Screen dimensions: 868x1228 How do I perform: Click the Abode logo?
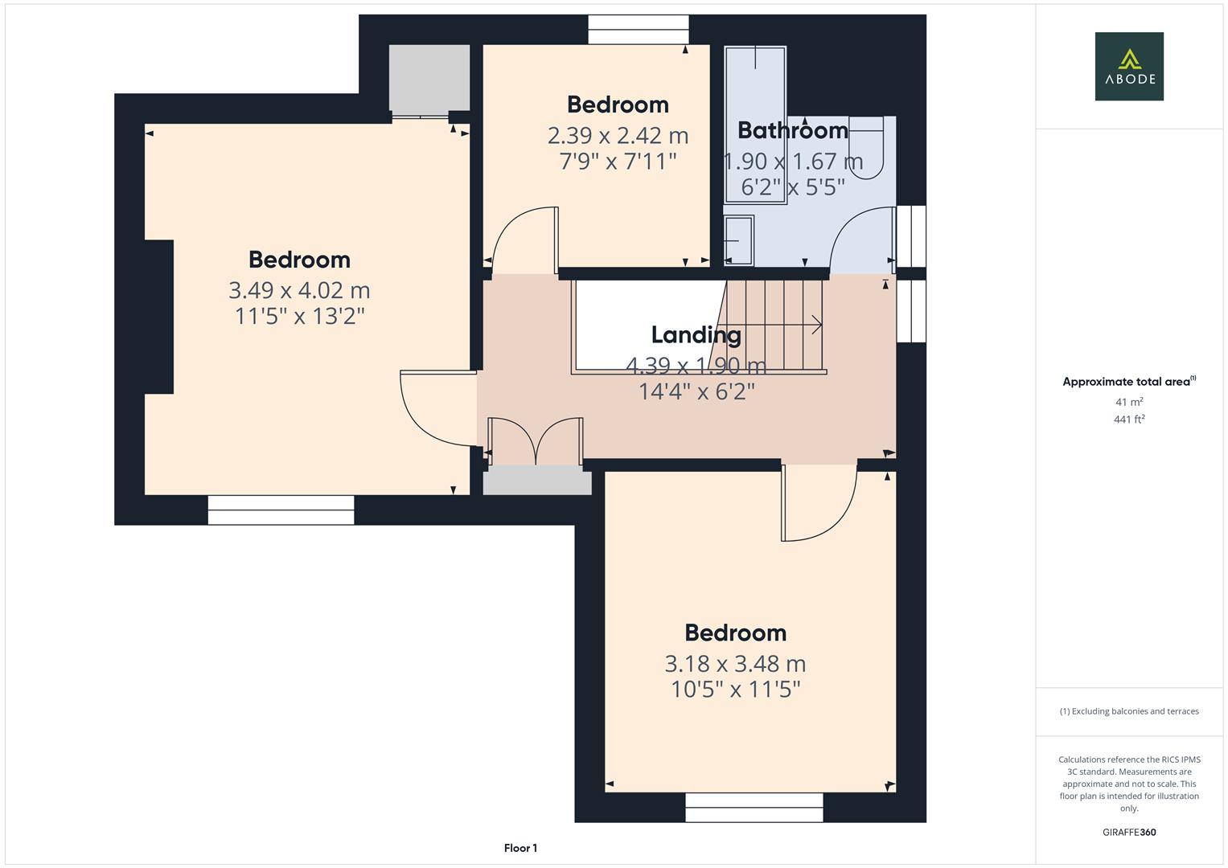click(x=1128, y=66)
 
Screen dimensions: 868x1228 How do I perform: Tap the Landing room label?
click(x=696, y=334)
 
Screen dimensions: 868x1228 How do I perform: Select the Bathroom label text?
click(x=792, y=130)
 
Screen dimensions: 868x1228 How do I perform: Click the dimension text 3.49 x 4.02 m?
click(x=299, y=290)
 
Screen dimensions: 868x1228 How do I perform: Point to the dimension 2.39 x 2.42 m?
click(x=618, y=135)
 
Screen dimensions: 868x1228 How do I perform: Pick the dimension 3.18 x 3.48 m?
click(x=735, y=664)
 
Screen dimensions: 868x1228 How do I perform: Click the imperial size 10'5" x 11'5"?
click(x=735, y=690)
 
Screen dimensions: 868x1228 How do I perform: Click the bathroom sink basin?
click(x=738, y=240)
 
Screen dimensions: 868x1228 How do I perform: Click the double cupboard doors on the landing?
click(x=535, y=441)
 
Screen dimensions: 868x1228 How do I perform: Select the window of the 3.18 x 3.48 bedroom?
click(x=754, y=807)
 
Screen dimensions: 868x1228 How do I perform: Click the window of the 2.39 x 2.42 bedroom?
click(x=638, y=30)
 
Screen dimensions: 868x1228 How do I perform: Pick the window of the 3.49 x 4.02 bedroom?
click(x=281, y=510)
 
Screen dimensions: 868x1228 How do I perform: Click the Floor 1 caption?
click(x=520, y=848)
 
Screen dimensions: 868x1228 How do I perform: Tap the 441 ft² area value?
click(x=1128, y=420)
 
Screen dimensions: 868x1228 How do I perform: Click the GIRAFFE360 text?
click(x=1128, y=832)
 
